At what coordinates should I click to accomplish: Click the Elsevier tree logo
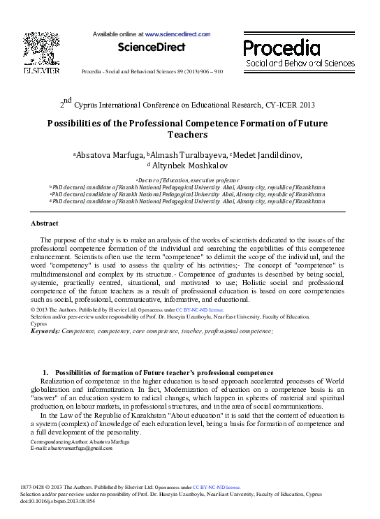click(x=41, y=49)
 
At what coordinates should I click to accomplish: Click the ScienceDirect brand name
click(x=152, y=47)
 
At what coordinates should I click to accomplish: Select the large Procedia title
click(x=282, y=47)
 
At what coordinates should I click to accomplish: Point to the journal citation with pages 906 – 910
click(x=152, y=71)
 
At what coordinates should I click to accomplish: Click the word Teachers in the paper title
click(x=188, y=134)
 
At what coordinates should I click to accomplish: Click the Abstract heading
click(x=45, y=223)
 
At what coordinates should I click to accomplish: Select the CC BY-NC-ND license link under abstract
click(x=199, y=308)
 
